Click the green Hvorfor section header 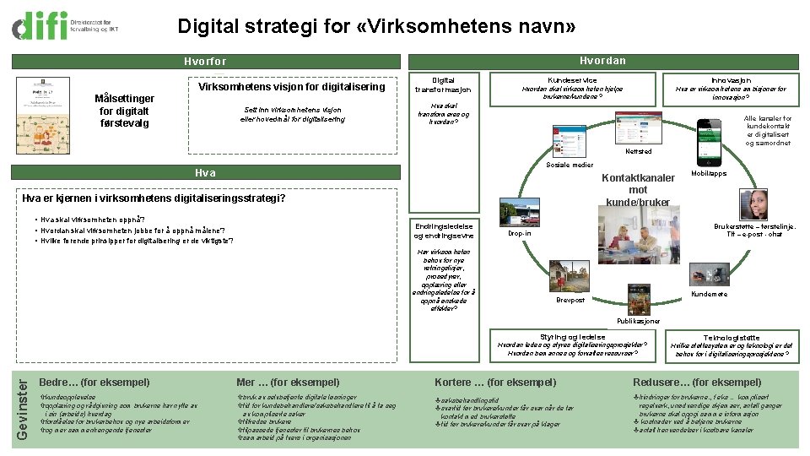click(205, 62)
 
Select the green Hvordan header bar click(602, 61)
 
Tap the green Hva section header click(205, 173)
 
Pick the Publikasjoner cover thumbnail click(638, 300)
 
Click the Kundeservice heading click(572, 79)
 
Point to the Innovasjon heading click(731, 79)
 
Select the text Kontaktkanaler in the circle click(637, 178)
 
